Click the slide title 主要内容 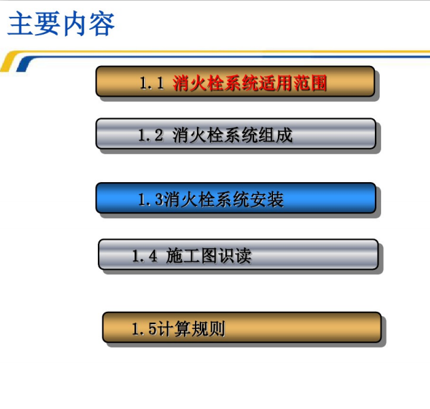click(61, 24)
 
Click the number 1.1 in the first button click(152, 84)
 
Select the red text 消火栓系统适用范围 click(250, 84)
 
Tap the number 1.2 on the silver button click(151, 135)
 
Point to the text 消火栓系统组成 click(233, 135)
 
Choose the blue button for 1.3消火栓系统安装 click(235, 198)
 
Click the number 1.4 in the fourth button click(144, 256)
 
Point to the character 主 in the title click(20, 24)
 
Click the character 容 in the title click(101, 24)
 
